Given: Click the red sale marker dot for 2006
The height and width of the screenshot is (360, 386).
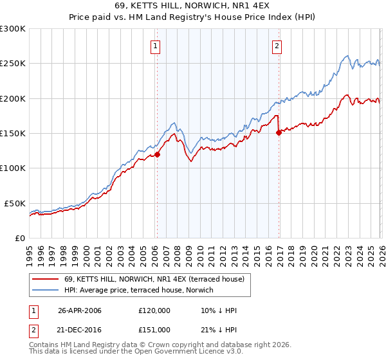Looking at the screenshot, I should point(157,154).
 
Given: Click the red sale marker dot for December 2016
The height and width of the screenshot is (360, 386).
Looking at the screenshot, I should point(279,133).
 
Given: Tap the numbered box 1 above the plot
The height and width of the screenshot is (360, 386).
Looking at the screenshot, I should point(156,46).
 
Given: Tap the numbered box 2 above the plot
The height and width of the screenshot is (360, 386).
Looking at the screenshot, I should point(277,46).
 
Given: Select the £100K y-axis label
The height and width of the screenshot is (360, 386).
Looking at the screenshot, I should point(13,168).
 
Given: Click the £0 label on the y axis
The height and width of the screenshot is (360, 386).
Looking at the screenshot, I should point(19,238).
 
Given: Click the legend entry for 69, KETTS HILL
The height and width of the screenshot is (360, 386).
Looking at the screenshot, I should point(154,280).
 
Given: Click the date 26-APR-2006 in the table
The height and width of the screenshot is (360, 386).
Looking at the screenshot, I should point(80,310).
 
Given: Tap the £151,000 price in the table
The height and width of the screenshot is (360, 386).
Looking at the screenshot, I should point(154,330).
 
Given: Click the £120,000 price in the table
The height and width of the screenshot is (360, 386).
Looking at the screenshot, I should point(154,310).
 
